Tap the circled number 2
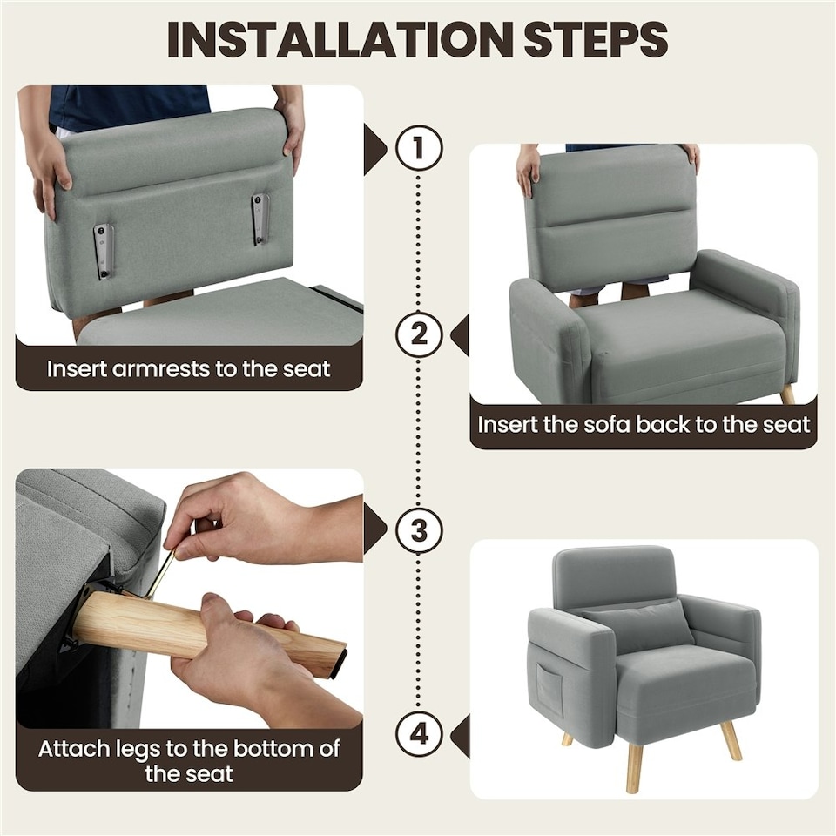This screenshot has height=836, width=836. tap(420, 335)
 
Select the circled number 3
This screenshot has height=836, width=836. tap(420, 529)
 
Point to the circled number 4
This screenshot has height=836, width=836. tap(420, 734)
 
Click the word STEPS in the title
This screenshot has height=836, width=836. tap(594, 39)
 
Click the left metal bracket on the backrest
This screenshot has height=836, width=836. tap(104, 251)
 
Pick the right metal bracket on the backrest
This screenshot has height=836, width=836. tap(260, 219)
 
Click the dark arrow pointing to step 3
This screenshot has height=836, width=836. tap(375, 529)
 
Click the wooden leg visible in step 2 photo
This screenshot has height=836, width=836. tap(787, 394)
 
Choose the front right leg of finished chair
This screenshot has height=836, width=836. tap(730, 739)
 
